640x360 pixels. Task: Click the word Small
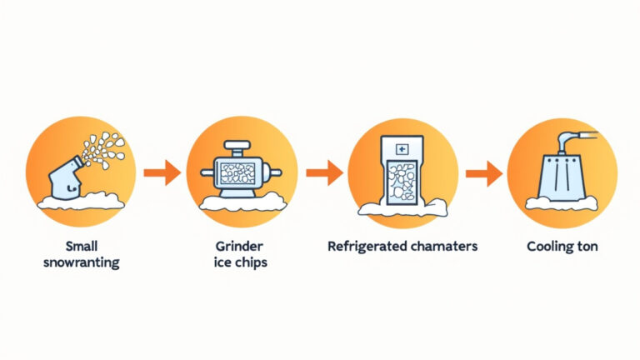coord(82,246)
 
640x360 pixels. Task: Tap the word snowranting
coord(82,262)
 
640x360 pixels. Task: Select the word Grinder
coord(239,246)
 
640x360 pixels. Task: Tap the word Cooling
coord(548,247)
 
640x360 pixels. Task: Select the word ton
coord(586,247)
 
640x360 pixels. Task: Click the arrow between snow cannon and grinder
coord(162,172)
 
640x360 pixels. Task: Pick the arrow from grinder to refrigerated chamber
coord(324,172)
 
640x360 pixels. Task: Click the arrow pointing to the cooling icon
coord(483,173)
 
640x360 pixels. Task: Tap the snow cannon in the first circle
coord(64,178)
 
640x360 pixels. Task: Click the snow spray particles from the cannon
coord(103,150)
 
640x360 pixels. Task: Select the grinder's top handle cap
coord(237,145)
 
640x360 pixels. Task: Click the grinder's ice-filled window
coord(237,173)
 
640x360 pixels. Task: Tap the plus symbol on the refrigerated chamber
coord(402,149)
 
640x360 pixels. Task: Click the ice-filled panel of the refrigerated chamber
coord(402,182)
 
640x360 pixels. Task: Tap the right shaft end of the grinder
coord(277,173)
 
